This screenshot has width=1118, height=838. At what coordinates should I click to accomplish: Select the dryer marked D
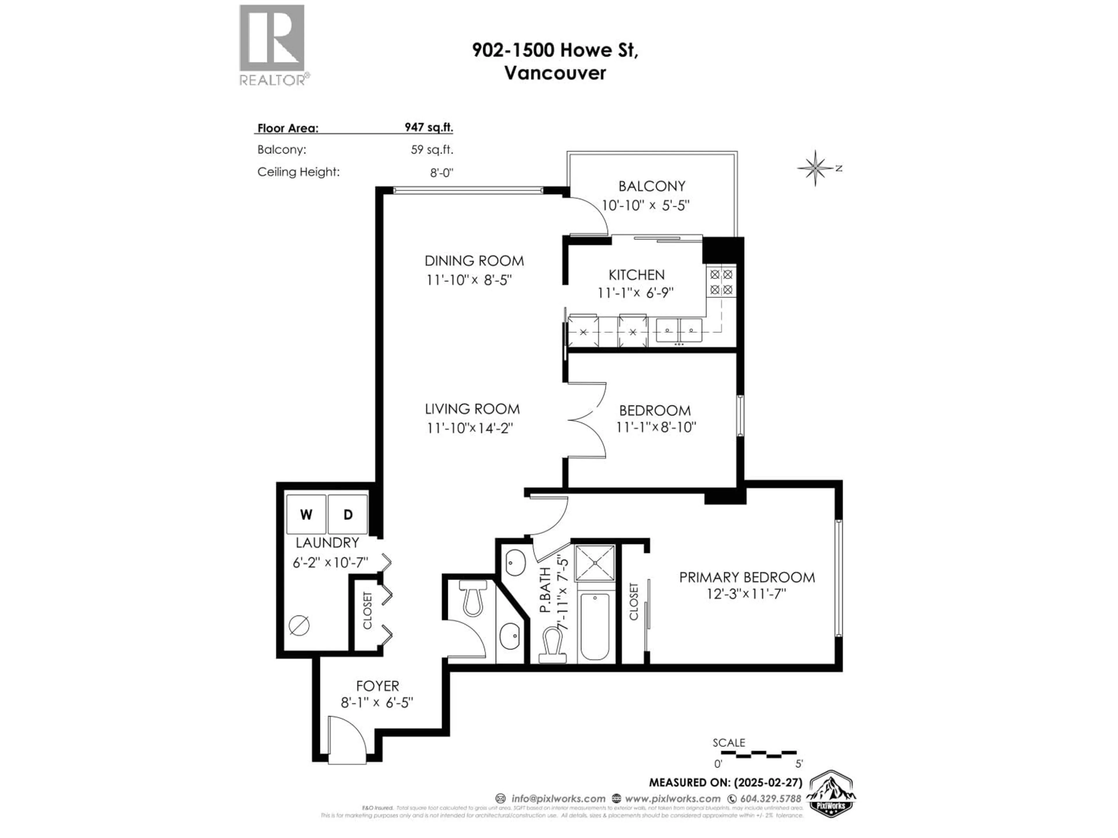348,514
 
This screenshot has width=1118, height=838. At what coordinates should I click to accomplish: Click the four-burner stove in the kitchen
721,282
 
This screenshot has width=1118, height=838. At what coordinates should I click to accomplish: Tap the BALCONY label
652,187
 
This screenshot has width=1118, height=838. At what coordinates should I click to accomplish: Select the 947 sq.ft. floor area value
429,127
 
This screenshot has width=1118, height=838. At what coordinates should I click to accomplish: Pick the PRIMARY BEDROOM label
746,577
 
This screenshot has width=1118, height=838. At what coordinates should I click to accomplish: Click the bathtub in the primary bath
595,626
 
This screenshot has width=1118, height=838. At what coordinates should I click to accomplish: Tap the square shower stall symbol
595,563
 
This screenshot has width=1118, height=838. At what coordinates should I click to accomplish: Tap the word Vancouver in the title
555,73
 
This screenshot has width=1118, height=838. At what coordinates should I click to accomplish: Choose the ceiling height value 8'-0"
441,172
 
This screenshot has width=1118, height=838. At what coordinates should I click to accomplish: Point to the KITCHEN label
636,275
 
